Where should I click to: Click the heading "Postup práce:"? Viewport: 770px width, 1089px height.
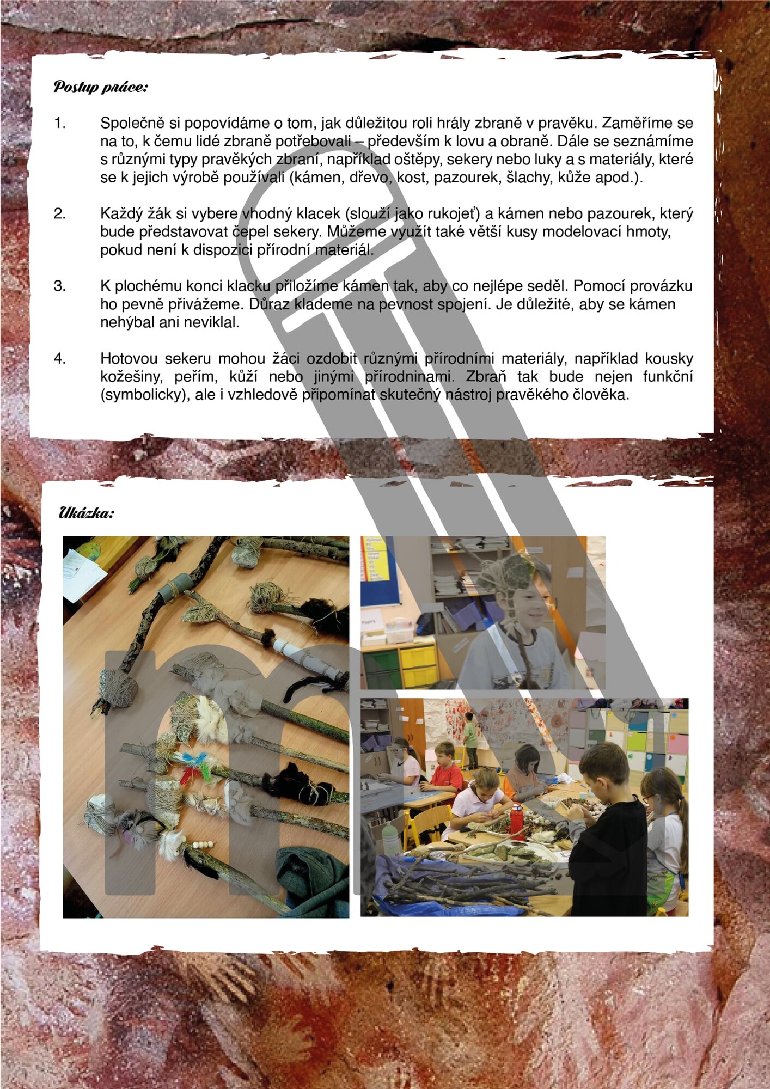pyautogui.click(x=101, y=87)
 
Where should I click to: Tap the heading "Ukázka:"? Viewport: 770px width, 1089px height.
pyautogui.click(x=87, y=513)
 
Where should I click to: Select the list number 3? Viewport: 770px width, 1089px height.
pyautogui.click(x=59, y=286)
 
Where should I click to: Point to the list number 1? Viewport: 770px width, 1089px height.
pyautogui.click(x=59, y=123)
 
